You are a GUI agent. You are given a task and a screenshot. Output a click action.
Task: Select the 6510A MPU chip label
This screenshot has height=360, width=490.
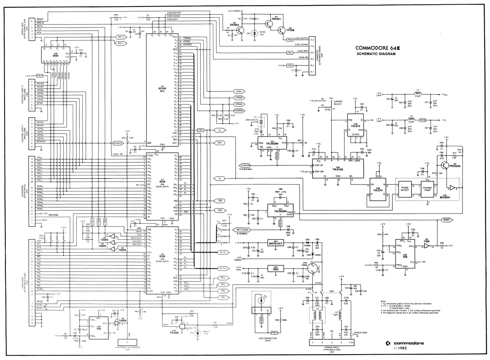coord(162,88)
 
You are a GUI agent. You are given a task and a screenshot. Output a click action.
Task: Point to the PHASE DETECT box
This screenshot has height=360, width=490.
coord(405,188)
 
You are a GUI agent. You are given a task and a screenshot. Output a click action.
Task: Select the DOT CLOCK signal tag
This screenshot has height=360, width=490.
coord(240,229)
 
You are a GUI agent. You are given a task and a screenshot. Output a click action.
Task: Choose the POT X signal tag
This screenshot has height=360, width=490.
coord(120,37)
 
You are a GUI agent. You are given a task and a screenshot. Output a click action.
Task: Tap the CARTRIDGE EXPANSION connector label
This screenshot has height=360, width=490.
coord(128,348)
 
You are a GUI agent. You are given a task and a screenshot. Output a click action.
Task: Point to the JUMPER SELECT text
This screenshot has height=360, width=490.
coord(338,103)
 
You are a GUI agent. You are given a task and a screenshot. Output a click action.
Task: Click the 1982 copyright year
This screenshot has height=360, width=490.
coord(402,349)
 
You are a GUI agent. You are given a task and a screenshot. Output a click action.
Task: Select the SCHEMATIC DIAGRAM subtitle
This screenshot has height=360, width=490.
coord(376,54)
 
